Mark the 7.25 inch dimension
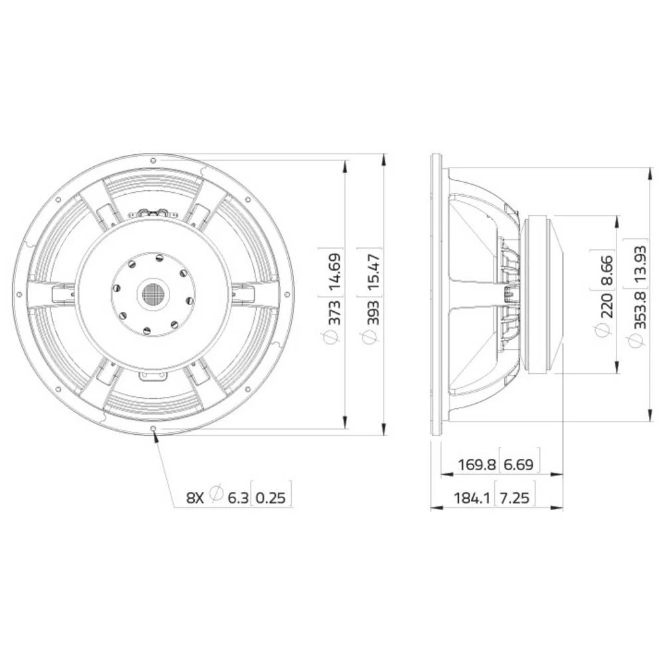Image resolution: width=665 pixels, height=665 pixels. [515, 497]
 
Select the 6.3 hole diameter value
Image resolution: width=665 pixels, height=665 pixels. [237, 497]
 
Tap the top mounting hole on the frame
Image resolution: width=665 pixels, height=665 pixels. [154, 160]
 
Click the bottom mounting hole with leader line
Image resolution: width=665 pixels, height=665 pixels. [154, 428]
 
